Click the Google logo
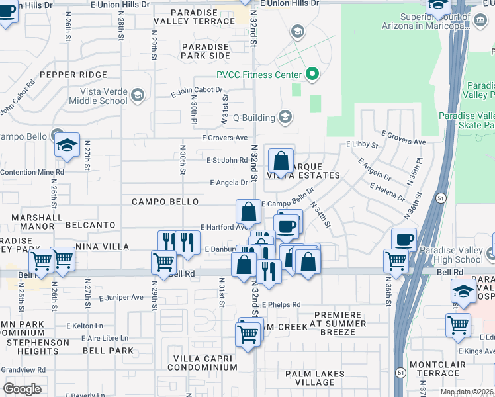tap(22, 389)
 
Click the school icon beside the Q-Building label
tap(285, 118)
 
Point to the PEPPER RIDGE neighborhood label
tap(73, 75)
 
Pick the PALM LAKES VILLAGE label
tap(314, 378)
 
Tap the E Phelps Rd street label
tap(281, 305)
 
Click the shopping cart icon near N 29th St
tap(163, 261)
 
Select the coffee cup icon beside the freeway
tap(404, 240)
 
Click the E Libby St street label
tap(361, 144)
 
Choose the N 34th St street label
tap(320, 214)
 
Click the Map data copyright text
tap(467, 392)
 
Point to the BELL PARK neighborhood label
tap(107, 350)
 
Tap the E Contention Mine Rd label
tap(32, 172)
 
